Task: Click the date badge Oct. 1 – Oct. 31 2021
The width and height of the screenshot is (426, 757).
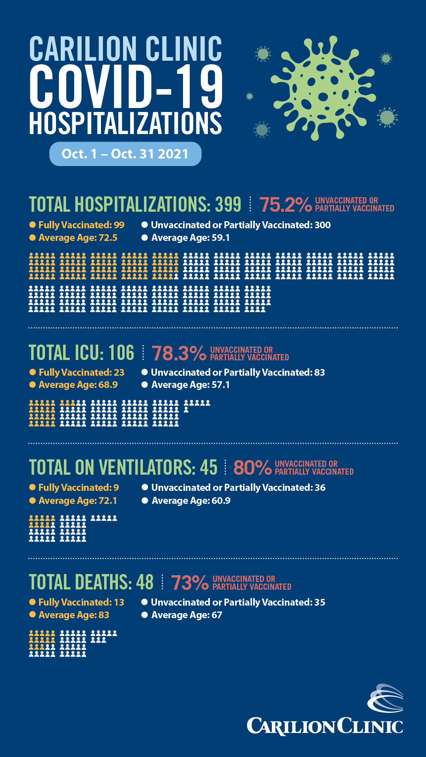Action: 125,154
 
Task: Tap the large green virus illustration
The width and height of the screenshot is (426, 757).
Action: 322,89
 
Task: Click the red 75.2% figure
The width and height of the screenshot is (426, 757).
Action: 285,205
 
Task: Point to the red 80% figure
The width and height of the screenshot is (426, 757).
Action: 252,468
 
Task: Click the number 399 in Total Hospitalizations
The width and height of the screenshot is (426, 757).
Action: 228,204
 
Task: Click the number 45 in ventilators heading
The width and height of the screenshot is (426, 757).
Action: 208,468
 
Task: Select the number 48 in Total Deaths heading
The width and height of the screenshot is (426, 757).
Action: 144,582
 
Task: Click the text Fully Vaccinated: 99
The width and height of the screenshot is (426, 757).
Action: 81,225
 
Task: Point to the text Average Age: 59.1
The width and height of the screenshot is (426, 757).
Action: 190,238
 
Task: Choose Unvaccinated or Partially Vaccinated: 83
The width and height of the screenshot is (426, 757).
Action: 237,373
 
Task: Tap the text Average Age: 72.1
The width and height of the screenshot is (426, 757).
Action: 78,501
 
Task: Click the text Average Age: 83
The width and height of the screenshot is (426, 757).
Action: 74,615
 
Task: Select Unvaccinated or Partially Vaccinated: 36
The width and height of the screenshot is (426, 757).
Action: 238,488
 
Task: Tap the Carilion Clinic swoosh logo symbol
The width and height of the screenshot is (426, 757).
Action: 385,699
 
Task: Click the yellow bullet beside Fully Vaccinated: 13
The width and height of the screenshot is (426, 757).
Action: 33,602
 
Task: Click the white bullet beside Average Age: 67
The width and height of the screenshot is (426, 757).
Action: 145,615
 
